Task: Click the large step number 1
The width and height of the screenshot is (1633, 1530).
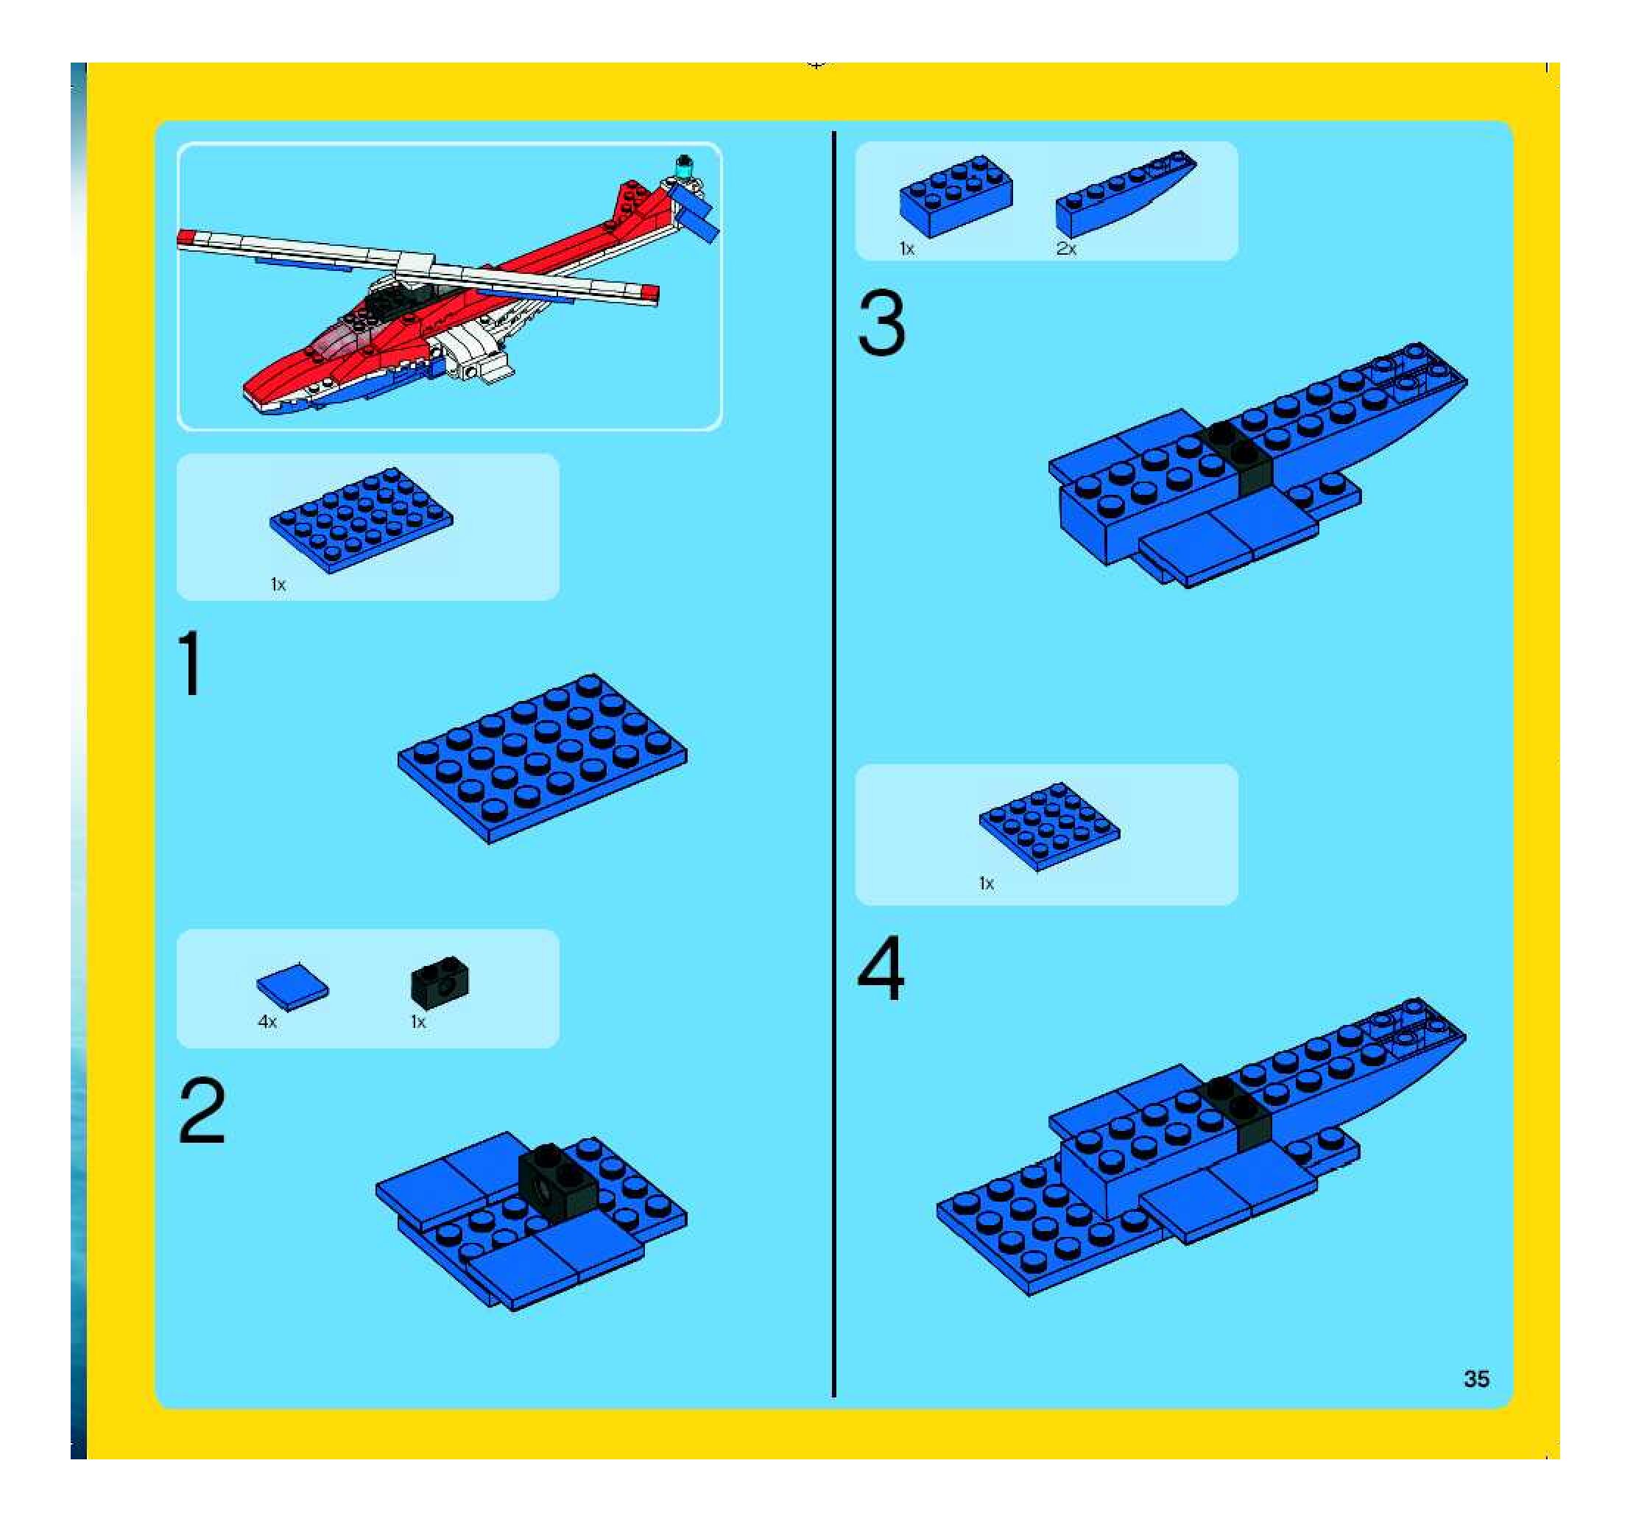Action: point(191,663)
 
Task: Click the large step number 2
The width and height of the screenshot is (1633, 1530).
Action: point(202,1110)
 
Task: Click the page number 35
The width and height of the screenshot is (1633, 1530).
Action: point(1476,1379)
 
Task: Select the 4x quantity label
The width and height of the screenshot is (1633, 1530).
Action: point(268,1022)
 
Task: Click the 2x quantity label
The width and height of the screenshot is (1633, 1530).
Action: point(1066,249)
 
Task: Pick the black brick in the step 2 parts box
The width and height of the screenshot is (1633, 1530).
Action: point(440,982)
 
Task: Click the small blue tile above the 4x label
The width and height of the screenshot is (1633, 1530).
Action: point(292,985)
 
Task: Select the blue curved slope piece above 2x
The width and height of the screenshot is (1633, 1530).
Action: point(1126,194)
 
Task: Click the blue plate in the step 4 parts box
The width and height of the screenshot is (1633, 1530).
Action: point(1049,825)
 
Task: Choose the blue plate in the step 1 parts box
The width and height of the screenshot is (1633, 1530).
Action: point(361,520)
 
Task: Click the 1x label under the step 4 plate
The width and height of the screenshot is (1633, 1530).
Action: point(987,884)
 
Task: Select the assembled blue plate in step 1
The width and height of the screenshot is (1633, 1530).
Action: point(543,759)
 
